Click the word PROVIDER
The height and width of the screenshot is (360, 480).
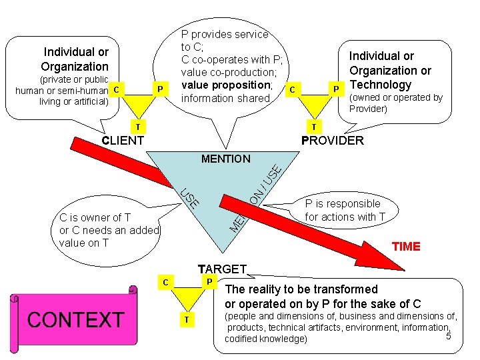[x=333, y=141]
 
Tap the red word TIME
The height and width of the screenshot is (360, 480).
[x=406, y=247]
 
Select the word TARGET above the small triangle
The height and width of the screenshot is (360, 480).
[x=222, y=269]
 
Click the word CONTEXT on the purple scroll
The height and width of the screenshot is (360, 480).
[x=75, y=319]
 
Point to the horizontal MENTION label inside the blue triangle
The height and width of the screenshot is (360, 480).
[x=225, y=159]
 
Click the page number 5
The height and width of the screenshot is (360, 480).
[x=448, y=336]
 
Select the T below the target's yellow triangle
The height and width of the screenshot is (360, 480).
[x=187, y=321]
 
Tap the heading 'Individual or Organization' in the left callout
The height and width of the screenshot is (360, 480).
[x=75, y=59]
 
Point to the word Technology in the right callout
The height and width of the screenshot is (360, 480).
[x=381, y=85]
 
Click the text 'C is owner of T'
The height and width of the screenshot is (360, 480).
[x=95, y=217]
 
